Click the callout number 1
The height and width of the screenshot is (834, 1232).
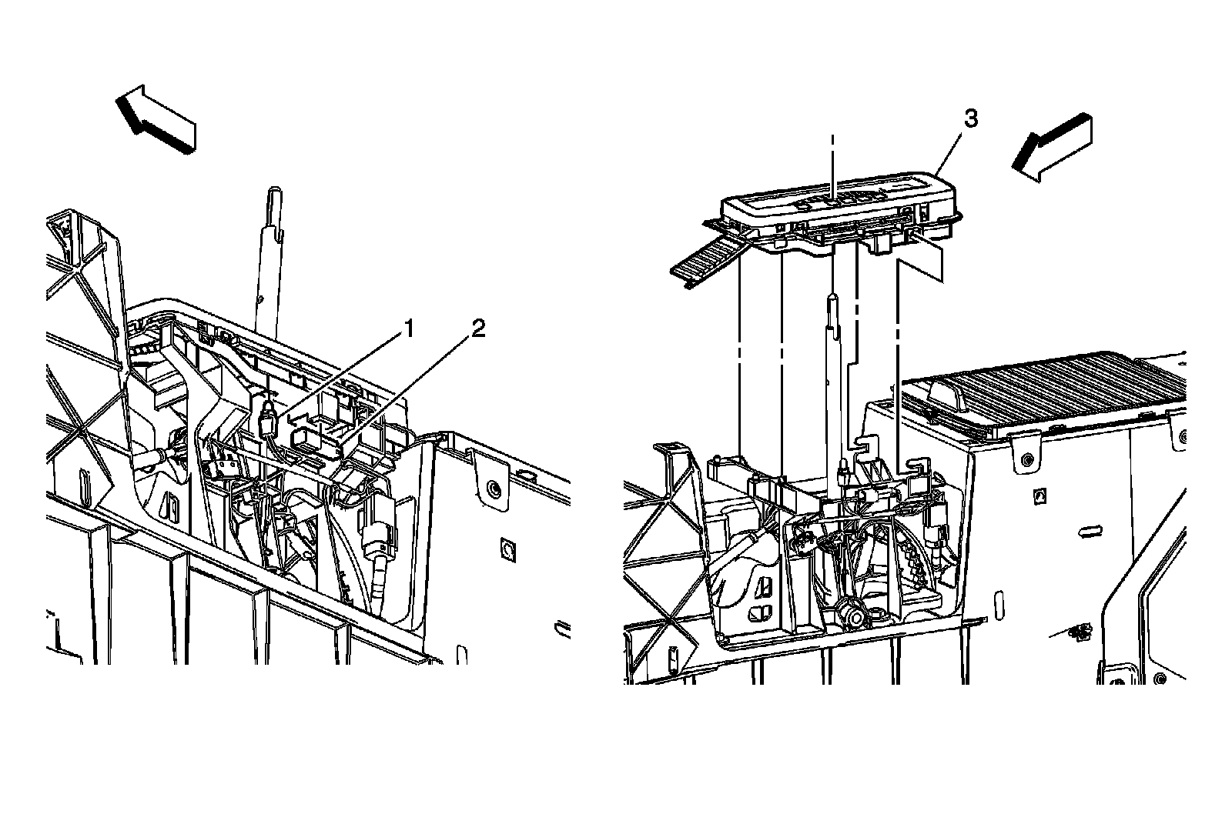click(x=408, y=330)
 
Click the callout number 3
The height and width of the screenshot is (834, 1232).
click(x=971, y=119)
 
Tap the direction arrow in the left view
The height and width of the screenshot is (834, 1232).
click(x=156, y=118)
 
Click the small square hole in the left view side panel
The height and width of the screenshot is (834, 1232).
click(x=507, y=548)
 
